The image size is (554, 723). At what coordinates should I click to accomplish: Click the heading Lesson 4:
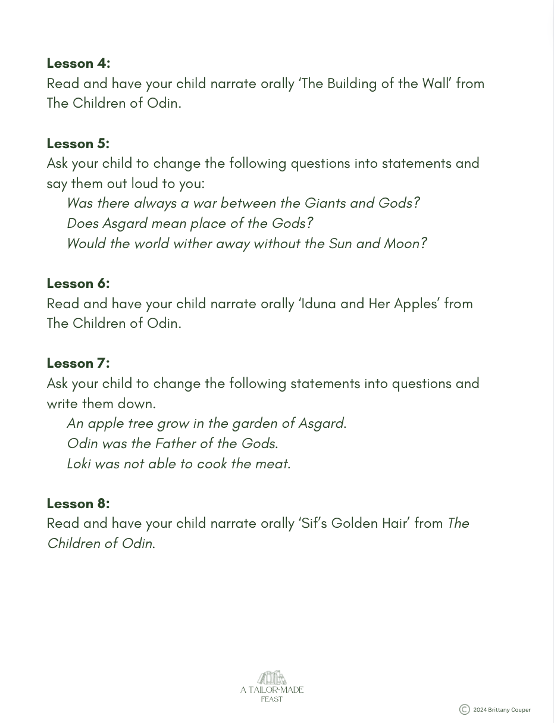79,63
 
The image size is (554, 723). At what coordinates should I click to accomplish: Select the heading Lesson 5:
78,143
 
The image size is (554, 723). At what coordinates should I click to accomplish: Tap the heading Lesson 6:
78,283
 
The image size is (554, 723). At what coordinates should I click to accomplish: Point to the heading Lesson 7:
78,363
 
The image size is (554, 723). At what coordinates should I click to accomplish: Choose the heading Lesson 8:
78,503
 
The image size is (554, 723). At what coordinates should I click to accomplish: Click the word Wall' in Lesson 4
437,83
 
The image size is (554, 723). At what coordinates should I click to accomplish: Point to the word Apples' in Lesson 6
417,303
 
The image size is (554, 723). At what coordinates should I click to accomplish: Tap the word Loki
79,464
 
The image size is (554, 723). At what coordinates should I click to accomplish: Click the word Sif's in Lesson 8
314,524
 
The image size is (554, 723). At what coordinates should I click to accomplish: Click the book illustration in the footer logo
272,678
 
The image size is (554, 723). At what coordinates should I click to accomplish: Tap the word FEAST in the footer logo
272,699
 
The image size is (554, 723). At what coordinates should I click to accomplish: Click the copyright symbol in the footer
465,709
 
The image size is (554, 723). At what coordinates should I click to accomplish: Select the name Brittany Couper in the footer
509,710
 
